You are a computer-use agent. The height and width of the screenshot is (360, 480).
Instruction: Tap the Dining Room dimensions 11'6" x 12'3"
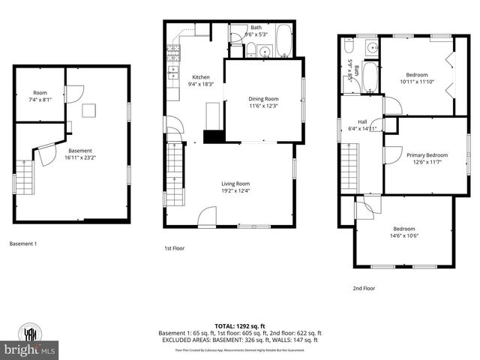[x=263, y=106]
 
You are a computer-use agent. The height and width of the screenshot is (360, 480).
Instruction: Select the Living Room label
[x=235, y=184]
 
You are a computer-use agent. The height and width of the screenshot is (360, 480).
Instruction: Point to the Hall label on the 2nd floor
[x=362, y=121]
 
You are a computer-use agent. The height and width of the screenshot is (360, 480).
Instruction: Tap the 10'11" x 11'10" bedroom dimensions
[x=417, y=82]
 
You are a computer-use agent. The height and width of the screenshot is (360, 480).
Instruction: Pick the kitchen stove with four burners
[x=172, y=52]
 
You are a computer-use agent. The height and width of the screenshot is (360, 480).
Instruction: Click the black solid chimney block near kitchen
[x=214, y=136]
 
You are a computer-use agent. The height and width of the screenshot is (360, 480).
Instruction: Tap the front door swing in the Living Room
[x=206, y=217]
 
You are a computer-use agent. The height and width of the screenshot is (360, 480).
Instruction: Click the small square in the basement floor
[x=89, y=110]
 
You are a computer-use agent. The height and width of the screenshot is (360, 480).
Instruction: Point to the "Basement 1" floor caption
[x=22, y=244]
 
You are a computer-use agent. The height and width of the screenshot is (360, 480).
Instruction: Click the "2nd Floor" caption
[x=364, y=288]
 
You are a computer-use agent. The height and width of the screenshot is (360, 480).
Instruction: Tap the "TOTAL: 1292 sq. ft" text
[x=239, y=325]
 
